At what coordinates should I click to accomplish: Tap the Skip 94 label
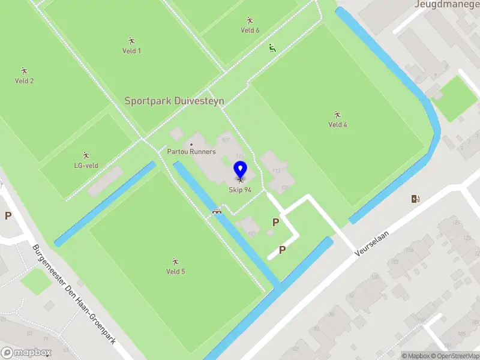pos(240,190)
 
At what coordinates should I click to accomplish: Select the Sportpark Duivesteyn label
pos(174,101)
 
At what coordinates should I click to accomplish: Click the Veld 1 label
pos(131,51)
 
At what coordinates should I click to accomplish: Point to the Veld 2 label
pos(24,81)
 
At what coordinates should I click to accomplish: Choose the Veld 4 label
pos(338,125)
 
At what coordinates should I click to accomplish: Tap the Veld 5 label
pos(175,272)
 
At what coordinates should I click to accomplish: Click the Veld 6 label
pos(250,30)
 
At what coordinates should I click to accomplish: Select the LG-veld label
pos(86,166)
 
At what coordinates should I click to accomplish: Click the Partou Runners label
pos(192,152)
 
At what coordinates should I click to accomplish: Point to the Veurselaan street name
pos(368,245)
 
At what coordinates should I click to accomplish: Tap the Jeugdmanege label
pos(446,4)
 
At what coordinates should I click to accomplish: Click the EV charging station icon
pos(415,199)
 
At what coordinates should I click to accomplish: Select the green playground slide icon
pos(272,48)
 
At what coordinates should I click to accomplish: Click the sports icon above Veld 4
pos(338,114)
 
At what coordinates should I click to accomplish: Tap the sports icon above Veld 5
pos(175,261)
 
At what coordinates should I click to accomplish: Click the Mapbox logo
pos(26,353)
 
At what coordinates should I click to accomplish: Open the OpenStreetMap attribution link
pos(456,356)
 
